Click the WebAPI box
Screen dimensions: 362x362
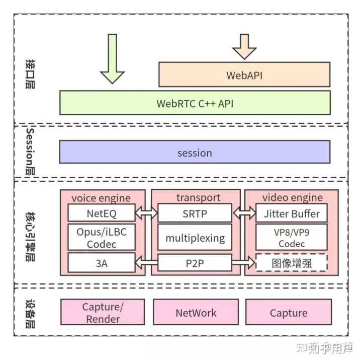point(244,75)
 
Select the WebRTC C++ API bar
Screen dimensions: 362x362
point(195,103)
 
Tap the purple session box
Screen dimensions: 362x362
point(195,152)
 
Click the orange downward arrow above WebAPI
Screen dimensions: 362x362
point(244,47)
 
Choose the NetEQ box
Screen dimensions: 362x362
point(102,213)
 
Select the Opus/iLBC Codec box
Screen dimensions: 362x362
point(102,237)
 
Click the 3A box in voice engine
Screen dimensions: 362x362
point(102,262)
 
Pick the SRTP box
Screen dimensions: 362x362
point(195,213)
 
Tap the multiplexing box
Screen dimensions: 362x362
point(195,238)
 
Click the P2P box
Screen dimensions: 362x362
point(195,262)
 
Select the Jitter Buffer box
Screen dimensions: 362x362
point(292,213)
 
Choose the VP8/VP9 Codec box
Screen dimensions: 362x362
point(292,237)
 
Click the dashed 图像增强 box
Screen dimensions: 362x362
point(292,262)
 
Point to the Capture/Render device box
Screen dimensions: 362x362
point(103,313)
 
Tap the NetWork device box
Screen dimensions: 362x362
point(196,313)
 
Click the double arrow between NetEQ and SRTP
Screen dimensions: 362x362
point(147,213)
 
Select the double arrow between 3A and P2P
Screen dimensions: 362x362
point(147,262)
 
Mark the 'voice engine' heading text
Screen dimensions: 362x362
point(101,197)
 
